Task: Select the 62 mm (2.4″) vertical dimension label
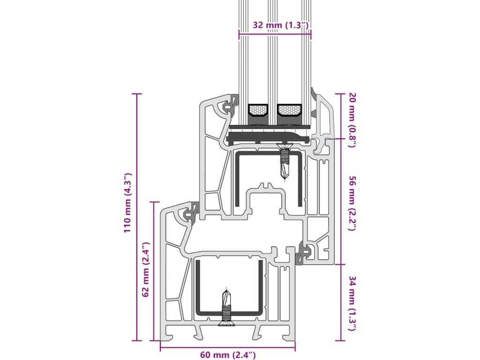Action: [145, 270]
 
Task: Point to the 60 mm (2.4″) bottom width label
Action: [228, 355]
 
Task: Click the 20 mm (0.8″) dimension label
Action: [352, 120]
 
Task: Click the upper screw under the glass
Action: [285, 161]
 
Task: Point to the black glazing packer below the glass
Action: [267, 137]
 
